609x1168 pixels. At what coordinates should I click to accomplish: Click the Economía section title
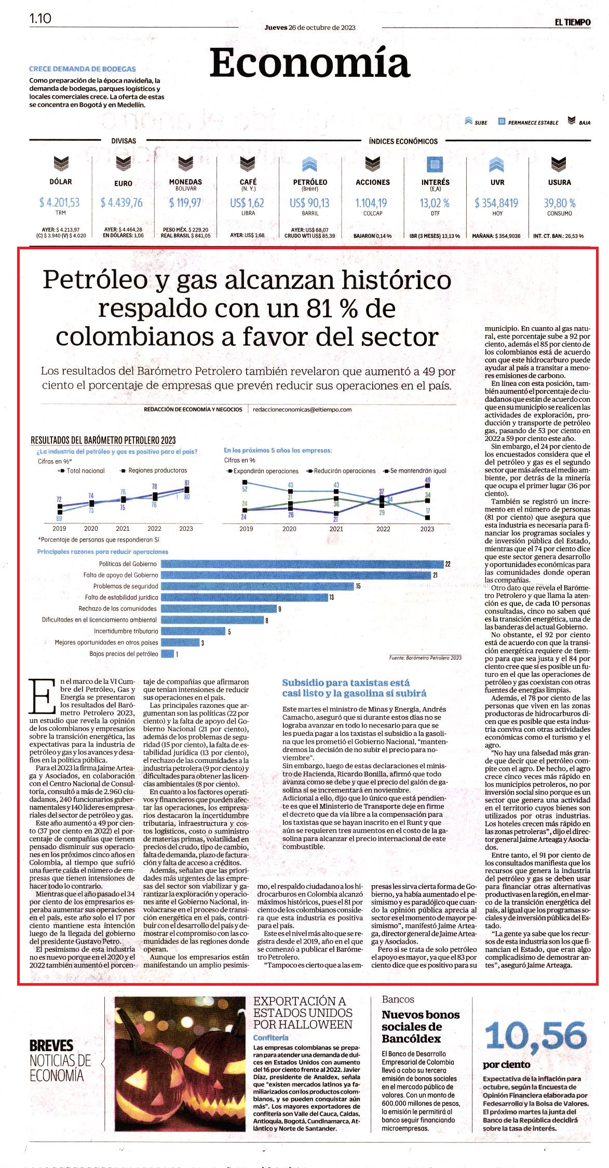coord(310,63)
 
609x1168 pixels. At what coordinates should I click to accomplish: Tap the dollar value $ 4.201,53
coord(60,203)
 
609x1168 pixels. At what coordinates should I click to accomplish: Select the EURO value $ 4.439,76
coord(121,203)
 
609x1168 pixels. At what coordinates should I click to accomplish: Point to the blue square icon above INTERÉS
coord(435,164)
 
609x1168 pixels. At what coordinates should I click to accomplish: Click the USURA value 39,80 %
coord(560,203)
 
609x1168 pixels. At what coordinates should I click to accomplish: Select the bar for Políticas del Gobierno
coord(302,563)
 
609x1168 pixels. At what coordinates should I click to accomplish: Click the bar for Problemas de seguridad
coord(257,586)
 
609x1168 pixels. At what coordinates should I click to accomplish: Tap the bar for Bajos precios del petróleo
coord(167,654)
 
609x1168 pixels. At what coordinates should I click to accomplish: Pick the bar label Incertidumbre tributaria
coord(126,631)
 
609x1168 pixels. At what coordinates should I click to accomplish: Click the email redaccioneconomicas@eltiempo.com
coord(302,409)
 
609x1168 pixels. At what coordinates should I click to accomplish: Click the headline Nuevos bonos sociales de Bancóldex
coord(421,1027)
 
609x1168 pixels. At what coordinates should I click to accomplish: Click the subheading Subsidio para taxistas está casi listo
coord(346,688)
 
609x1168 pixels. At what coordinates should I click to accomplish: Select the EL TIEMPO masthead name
coord(572,22)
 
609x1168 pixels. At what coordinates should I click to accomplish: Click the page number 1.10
coord(40,18)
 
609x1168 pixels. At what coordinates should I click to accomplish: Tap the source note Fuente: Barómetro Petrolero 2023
coord(425,657)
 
